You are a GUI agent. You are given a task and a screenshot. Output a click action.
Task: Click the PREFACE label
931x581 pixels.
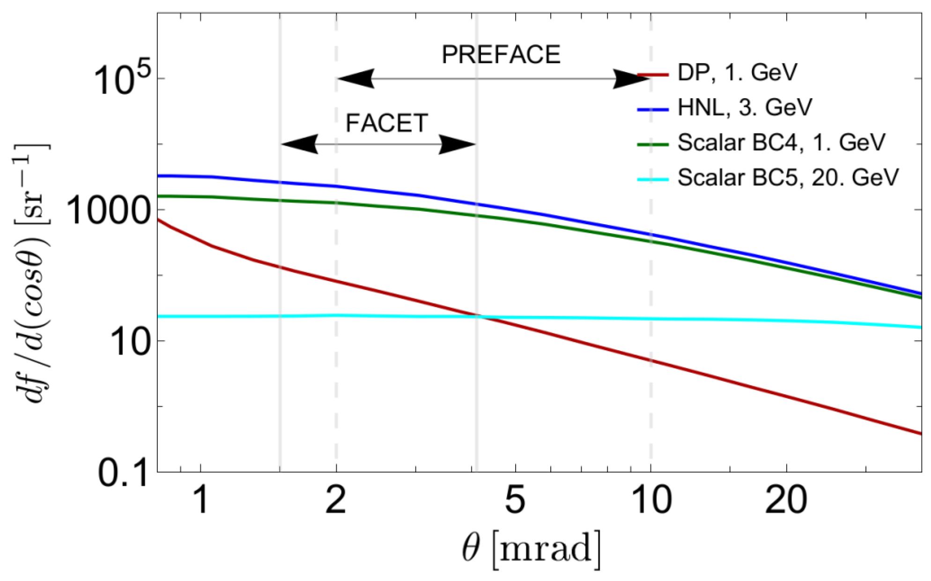[501, 55]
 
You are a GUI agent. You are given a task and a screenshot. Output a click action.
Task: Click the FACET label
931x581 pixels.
[386, 124]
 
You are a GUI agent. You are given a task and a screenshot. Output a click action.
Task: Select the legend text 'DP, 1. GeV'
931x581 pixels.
[737, 73]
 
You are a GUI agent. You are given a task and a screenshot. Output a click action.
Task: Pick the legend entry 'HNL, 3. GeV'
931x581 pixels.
[745, 108]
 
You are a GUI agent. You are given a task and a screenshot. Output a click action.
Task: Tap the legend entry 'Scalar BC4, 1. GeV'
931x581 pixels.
[781, 142]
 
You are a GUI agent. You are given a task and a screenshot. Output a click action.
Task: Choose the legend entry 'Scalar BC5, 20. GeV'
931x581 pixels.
[788, 177]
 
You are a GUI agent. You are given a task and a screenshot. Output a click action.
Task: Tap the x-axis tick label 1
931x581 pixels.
[201, 500]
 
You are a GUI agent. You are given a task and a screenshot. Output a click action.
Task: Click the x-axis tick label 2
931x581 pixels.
[336, 500]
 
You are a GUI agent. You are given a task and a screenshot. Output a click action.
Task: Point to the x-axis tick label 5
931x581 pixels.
[515, 500]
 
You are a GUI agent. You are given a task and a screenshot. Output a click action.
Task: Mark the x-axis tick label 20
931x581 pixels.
[786, 500]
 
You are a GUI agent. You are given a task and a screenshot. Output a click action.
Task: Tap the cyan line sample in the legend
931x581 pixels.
[652, 179]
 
